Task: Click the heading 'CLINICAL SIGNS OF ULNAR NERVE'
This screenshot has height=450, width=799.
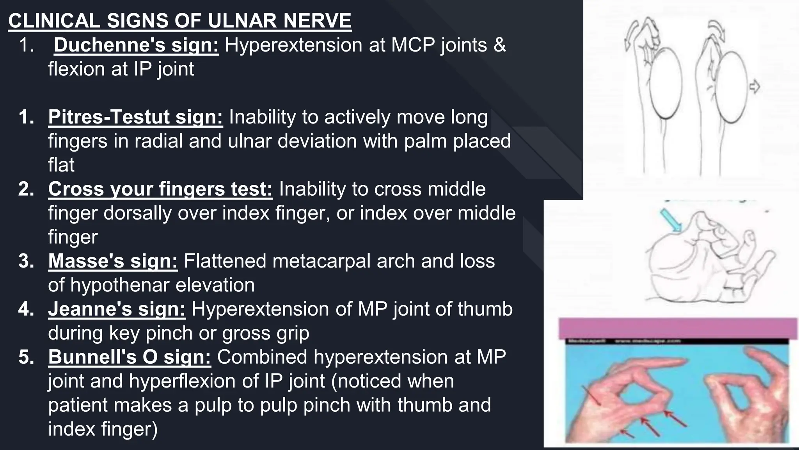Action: (x=179, y=21)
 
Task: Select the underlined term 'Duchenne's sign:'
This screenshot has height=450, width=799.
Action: (x=136, y=45)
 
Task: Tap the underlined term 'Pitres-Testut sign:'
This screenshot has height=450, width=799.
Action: (x=135, y=117)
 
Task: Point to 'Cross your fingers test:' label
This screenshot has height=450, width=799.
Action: (x=160, y=189)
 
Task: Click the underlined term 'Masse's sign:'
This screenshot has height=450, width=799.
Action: (x=113, y=261)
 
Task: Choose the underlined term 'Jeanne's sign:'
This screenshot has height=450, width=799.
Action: (x=117, y=309)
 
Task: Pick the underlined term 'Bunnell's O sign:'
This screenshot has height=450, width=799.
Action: (x=130, y=357)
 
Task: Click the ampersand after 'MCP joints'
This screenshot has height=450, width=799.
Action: (x=500, y=45)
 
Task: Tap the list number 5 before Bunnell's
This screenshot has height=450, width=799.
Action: (x=26, y=357)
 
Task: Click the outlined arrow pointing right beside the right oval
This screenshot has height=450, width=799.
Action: (x=755, y=86)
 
